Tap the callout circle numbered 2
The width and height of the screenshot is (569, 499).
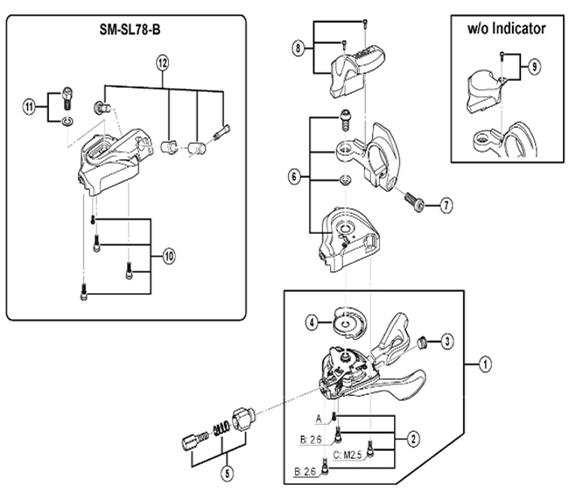(412, 435)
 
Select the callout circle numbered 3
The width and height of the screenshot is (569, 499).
(446, 341)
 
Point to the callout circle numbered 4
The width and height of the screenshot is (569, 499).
(312, 321)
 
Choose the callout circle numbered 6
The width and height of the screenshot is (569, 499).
(294, 175)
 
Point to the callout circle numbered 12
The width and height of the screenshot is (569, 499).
(162, 62)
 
